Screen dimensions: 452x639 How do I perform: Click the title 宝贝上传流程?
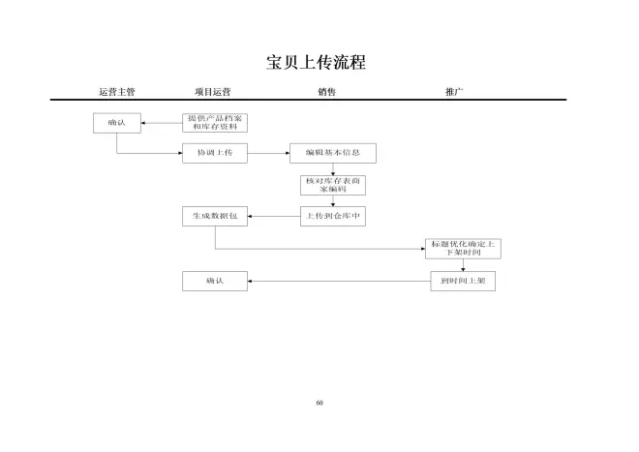[319, 63]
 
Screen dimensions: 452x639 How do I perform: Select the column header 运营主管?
[116, 92]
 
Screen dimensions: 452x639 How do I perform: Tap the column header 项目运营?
[212, 92]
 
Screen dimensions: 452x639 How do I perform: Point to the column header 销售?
[327, 92]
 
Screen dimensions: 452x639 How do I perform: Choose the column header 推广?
[454, 92]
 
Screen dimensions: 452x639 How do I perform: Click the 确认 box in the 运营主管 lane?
[116, 123]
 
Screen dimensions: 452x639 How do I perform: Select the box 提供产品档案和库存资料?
[214, 123]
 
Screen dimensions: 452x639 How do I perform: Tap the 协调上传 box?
[214, 153]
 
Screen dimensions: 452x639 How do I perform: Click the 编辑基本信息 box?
[332, 153]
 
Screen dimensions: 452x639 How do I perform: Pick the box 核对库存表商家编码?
[333, 185]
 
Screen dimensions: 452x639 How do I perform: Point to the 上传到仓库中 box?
[333, 217]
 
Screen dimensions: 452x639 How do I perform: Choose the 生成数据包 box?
[214, 217]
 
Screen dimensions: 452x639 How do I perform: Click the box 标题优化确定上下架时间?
[463, 248]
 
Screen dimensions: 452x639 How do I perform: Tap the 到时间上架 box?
[463, 281]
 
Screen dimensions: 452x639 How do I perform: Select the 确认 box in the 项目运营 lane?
[214, 281]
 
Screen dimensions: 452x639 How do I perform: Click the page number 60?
[319, 402]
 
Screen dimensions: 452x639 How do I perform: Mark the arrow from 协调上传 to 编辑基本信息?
[268, 153]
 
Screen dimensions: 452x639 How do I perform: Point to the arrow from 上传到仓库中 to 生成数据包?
[274, 217]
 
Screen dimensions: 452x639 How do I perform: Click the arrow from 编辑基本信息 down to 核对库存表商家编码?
[333, 168]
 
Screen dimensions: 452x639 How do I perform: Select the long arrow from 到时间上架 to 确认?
[339, 281]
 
